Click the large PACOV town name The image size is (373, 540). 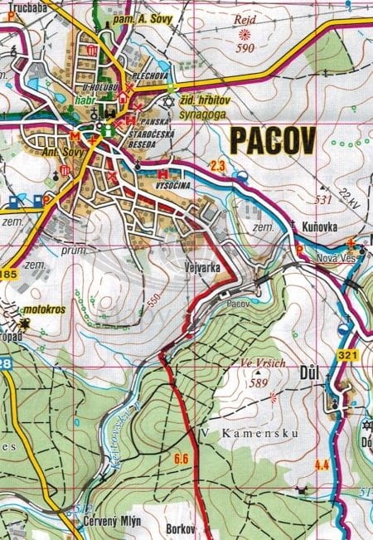[x=271, y=143]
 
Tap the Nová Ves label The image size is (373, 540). [x=334, y=258]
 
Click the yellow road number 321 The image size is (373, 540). [x=347, y=356]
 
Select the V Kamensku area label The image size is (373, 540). [x=235, y=434]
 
